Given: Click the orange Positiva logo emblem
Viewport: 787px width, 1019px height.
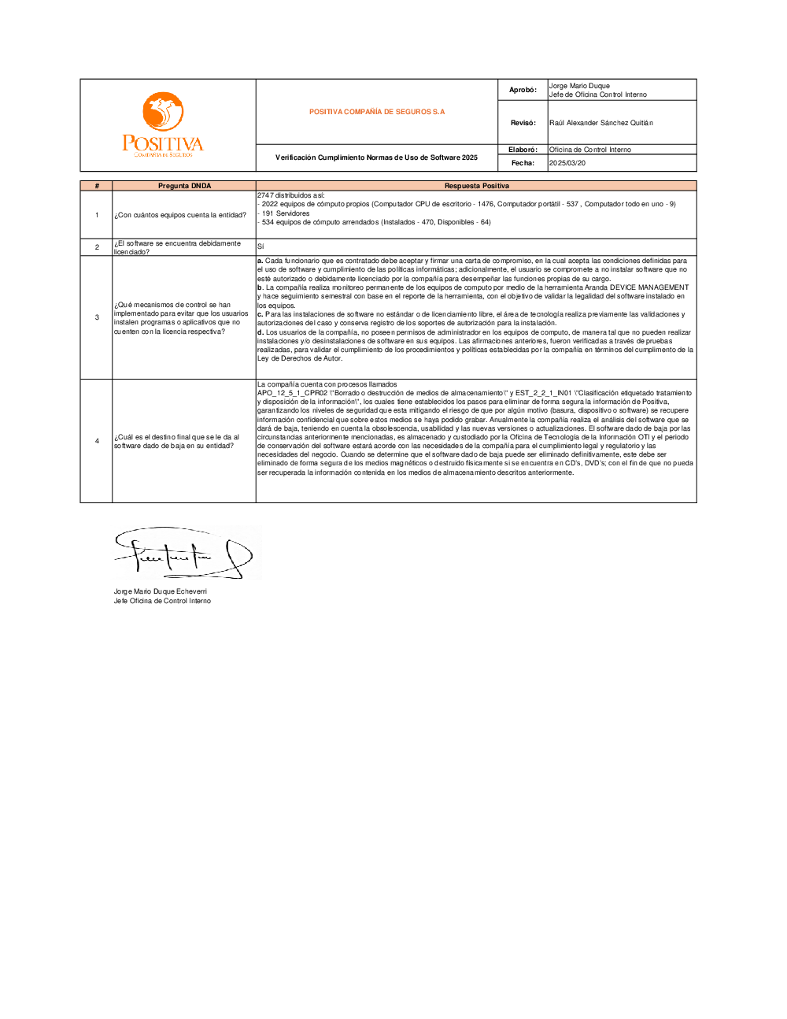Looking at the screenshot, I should point(163,111).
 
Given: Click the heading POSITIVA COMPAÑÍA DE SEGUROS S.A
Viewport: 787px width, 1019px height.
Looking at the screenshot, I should point(377,112).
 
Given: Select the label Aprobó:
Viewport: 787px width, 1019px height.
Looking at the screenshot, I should point(523,90).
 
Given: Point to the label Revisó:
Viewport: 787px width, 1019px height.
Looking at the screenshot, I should point(523,123).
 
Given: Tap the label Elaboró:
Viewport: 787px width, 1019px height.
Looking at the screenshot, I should point(523,150).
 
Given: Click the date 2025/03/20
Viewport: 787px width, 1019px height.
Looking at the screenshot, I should point(567,163).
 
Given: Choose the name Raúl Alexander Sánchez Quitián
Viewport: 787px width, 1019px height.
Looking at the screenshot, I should point(601,123).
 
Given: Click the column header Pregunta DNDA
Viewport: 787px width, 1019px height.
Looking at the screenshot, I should point(184,186).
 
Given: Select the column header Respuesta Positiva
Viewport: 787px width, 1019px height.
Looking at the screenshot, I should point(476,186).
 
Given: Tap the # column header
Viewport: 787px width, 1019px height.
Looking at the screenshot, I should point(97,186).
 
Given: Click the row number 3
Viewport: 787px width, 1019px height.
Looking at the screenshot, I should point(97,317).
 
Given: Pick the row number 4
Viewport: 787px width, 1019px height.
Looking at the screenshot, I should point(97,441).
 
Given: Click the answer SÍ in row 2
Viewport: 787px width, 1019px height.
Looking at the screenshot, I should point(260,246).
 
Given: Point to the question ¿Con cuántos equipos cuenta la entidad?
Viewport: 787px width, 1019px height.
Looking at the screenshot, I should point(180,215).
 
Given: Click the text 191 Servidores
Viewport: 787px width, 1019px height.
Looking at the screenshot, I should point(286,213).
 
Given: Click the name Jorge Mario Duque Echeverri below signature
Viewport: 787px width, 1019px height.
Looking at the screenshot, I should point(161,591).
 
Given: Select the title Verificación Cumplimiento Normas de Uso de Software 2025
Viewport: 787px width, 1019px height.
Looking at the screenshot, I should point(376,157).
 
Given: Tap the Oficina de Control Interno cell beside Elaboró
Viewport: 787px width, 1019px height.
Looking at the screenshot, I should point(590,150).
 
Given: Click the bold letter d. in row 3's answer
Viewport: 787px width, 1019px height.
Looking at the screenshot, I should point(260,332).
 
